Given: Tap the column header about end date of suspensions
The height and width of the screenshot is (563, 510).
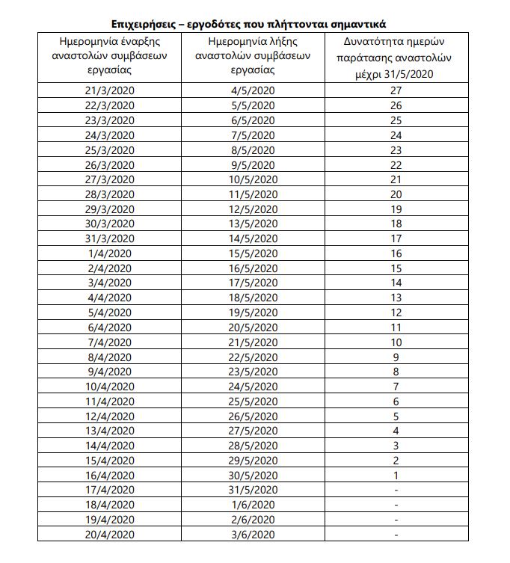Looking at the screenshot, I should pyautogui.click(x=254, y=55).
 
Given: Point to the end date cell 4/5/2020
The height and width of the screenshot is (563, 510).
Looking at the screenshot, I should pyautogui.click(x=254, y=90).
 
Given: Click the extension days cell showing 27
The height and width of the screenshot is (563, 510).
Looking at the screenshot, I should pyautogui.click(x=396, y=90).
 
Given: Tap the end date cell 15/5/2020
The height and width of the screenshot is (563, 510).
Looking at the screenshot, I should pyautogui.click(x=254, y=253).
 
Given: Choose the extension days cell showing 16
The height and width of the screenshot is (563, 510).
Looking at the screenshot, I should pyautogui.click(x=396, y=253).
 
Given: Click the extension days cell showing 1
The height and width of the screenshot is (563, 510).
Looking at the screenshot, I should pyautogui.click(x=396, y=476).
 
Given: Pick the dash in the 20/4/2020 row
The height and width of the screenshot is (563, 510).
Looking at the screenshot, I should pyautogui.click(x=396, y=535).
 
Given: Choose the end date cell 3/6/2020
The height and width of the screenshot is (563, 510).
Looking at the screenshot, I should pyautogui.click(x=254, y=535).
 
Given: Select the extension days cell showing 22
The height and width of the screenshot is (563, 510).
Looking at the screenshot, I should pyautogui.click(x=396, y=164).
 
